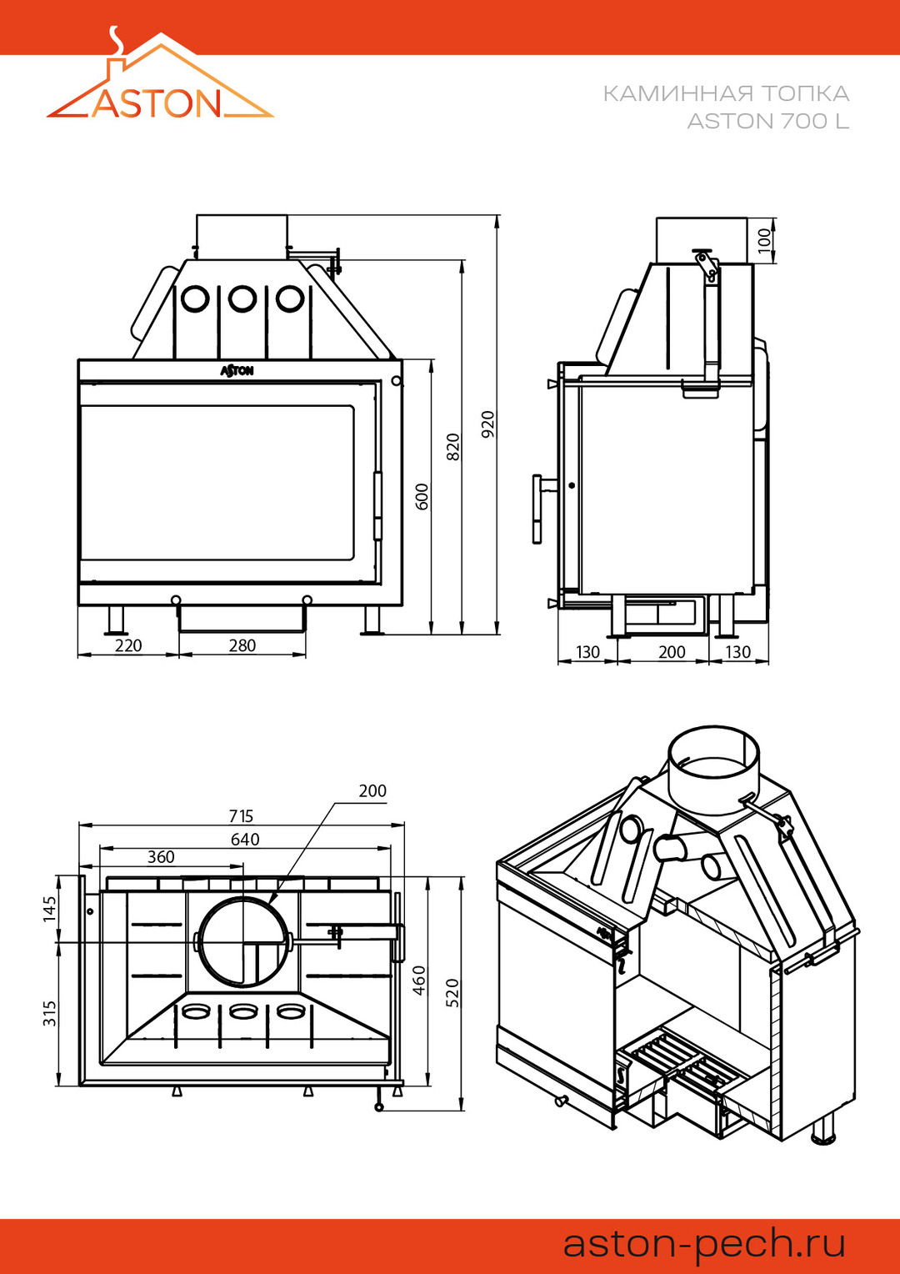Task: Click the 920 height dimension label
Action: [x=488, y=424]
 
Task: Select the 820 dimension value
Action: [x=453, y=447]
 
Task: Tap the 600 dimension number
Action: [x=422, y=496]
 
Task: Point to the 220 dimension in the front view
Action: [x=128, y=645]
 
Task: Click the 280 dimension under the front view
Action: [x=242, y=645]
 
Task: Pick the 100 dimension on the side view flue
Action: [x=765, y=241]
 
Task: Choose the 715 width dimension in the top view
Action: [x=241, y=815]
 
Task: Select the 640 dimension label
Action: [x=245, y=839]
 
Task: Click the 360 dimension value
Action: [x=161, y=857]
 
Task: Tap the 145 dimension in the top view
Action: [x=50, y=908]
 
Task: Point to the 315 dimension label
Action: [x=50, y=1013]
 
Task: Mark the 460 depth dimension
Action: [x=419, y=980]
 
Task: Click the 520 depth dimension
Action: [x=452, y=992]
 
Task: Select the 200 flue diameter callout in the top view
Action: [x=372, y=790]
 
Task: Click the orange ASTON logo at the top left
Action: [x=158, y=88]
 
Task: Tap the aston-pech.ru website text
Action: [x=704, y=1243]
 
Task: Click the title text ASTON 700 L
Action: [x=767, y=122]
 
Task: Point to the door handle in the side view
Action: [x=537, y=509]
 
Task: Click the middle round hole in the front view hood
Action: [x=242, y=298]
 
